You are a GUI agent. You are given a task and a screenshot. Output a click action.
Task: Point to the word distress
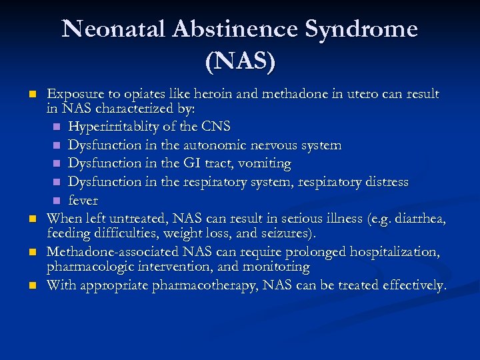tap(383, 182)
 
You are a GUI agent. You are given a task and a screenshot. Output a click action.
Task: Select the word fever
tap(83, 201)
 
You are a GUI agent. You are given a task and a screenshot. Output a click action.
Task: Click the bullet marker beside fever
tap(57, 201)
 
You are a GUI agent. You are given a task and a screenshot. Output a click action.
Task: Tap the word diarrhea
tap(421, 218)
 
